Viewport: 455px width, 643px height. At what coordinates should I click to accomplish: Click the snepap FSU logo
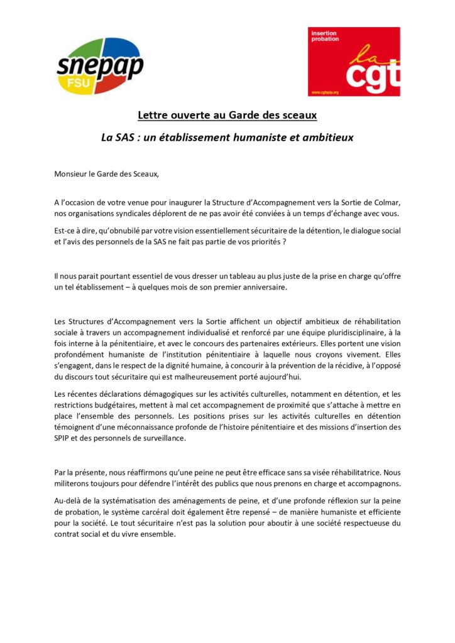[99, 66]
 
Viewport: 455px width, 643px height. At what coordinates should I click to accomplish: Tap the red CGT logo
[353, 62]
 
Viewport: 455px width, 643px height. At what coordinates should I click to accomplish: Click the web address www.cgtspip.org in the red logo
[327, 92]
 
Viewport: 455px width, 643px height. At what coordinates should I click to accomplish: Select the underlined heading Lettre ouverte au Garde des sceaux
[227, 115]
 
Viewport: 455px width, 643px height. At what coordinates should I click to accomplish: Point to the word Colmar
[385, 202]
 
